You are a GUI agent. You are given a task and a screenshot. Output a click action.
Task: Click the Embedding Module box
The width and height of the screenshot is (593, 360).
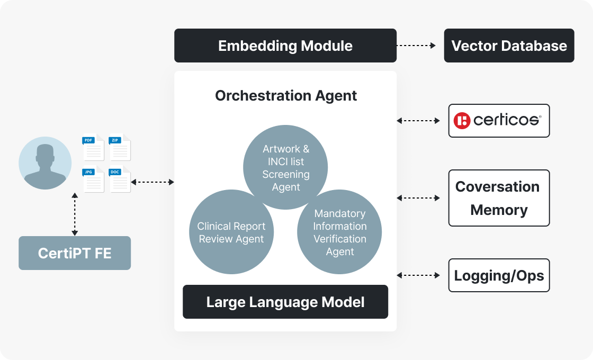click(x=285, y=46)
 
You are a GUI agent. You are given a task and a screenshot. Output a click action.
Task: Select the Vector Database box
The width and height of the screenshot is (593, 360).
click(x=509, y=46)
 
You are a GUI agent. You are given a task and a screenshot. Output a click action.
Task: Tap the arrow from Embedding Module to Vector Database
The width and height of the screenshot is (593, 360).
click(x=416, y=46)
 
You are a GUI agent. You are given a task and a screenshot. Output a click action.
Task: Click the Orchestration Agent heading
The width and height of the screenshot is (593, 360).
click(x=286, y=96)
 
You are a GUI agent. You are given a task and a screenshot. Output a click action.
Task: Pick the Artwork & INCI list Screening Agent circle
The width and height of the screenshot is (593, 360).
click(x=285, y=167)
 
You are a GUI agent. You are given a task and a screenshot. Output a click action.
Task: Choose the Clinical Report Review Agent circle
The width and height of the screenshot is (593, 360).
click(x=231, y=232)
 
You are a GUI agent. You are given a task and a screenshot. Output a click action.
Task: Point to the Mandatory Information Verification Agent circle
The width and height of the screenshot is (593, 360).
click(x=339, y=232)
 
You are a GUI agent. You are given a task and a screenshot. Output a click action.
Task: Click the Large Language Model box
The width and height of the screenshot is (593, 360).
click(x=285, y=302)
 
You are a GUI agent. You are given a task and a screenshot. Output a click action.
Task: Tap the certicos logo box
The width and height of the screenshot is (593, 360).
click(x=499, y=121)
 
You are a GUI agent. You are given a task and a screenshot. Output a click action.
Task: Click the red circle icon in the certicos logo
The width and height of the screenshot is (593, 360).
click(x=462, y=121)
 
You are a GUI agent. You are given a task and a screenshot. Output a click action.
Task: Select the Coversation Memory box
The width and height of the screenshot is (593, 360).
click(x=499, y=198)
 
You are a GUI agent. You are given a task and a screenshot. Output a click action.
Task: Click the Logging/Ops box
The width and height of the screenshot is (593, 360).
click(x=499, y=275)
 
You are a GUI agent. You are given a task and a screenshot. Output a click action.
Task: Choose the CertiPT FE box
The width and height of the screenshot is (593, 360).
click(x=75, y=253)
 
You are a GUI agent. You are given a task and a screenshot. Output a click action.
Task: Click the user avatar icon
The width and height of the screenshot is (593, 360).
click(x=45, y=163)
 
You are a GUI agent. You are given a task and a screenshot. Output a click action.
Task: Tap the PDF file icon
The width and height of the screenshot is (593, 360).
click(x=93, y=148)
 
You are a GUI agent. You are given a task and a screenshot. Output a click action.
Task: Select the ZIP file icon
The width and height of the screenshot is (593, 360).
click(x=120, y=148)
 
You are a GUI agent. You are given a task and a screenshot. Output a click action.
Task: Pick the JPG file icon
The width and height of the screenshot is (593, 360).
click(x=93, y=179)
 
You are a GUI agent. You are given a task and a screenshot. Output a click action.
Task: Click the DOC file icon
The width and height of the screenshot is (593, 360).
click(x=120, y=179)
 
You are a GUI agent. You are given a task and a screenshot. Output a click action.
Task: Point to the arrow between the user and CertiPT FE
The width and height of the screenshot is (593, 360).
click(x=75, y=214)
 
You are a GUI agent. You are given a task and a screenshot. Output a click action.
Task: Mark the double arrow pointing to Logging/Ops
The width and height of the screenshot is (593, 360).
click(x=418, y=275)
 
